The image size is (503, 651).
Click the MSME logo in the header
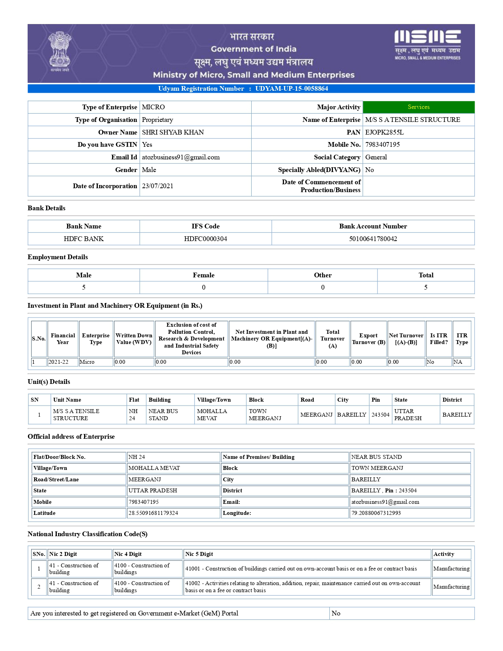[x=427, y=44]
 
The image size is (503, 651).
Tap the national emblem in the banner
[x=60, y=51]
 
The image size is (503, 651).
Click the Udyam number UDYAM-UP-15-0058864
[x=292, y=88]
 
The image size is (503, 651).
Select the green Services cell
[x=418, y=107]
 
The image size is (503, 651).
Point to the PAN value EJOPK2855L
[x=384, y=132]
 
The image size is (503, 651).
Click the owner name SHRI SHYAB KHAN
[x=173, y=132]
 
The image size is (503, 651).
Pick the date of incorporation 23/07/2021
[x=157, y=186]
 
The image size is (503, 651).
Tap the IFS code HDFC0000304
[x=205, y=239]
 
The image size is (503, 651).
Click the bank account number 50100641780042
[x=373, y=239]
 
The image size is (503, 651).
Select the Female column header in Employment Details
[x=204, y=275]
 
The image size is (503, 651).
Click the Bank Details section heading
[x=47, y=208]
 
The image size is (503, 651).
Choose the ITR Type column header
[x=462, y=339]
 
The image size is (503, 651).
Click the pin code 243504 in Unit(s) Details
[x=380, y=415]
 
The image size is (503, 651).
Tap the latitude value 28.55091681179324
[x=153, y=513]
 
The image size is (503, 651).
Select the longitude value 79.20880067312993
[x=376, y=513]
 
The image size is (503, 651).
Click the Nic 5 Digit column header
[x=199, y=554]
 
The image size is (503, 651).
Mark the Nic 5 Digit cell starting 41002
[x=303, y=587]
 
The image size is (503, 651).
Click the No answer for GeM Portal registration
[x=336, y=613]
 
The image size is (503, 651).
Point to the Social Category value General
[x=376, y=157]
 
